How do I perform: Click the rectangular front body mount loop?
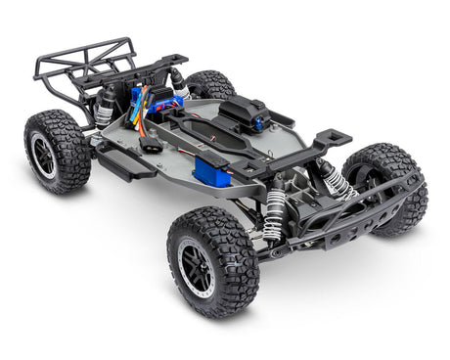coord(324,138)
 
